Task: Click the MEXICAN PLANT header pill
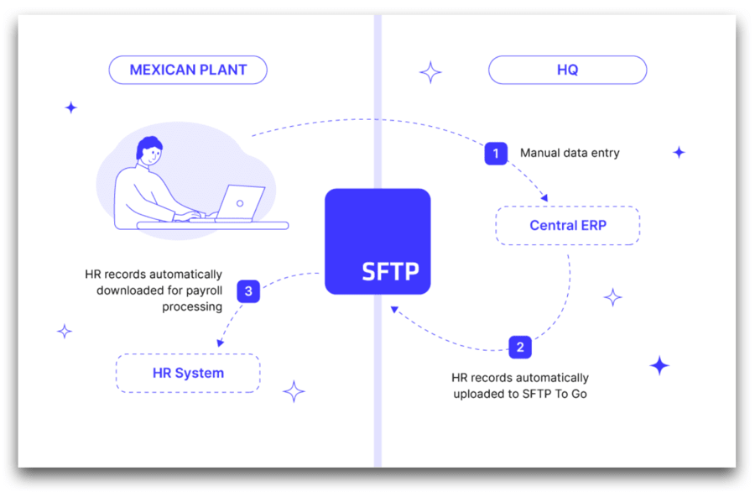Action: point(188,71)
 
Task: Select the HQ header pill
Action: point(567,71)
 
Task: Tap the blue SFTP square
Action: point(377,242)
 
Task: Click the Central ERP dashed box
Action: point(567,226)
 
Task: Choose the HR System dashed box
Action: point(188,373)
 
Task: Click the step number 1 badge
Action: point(496,154)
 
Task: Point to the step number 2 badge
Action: point(520,347)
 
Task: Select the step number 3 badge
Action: point(248,291)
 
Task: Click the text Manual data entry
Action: point(570,154)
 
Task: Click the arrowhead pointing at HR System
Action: point(220,343)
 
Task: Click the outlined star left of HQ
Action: point(430,72)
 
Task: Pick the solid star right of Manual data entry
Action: point(679,152)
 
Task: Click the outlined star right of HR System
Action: point(294,391)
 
